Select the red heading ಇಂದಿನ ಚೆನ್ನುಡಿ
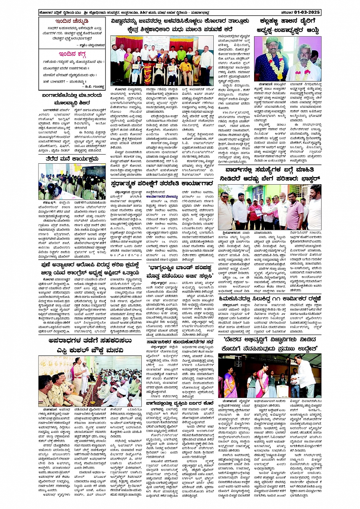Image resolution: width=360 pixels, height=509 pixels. pyautogui.click(x=71, y=21)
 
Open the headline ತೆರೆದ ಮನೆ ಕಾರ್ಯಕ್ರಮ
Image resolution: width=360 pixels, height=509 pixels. pyautogui.click(x=72, y=159)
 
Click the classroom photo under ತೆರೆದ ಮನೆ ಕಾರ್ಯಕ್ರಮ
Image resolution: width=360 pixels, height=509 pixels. pyautogui.click(x=72, y=182)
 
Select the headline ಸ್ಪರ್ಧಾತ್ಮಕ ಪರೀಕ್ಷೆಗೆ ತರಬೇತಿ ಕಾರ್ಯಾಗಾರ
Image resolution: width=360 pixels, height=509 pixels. pyautogui.click(x=162, y=183)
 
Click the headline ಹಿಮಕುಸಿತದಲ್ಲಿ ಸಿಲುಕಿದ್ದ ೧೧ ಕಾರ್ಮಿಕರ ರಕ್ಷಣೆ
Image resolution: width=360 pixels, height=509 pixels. pyautogui.click(x=270, y=298)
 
